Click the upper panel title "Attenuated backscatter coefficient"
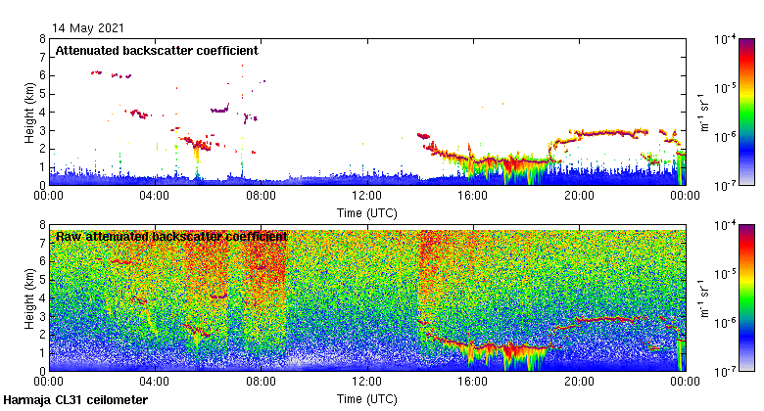157,50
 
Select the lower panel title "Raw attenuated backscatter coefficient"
171,237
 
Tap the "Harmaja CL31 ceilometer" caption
75,400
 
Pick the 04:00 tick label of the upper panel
156,196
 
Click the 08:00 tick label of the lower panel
262,383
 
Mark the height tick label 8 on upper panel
42,39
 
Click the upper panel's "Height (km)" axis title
29,112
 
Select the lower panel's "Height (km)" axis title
29,298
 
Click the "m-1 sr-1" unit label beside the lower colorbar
707,298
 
